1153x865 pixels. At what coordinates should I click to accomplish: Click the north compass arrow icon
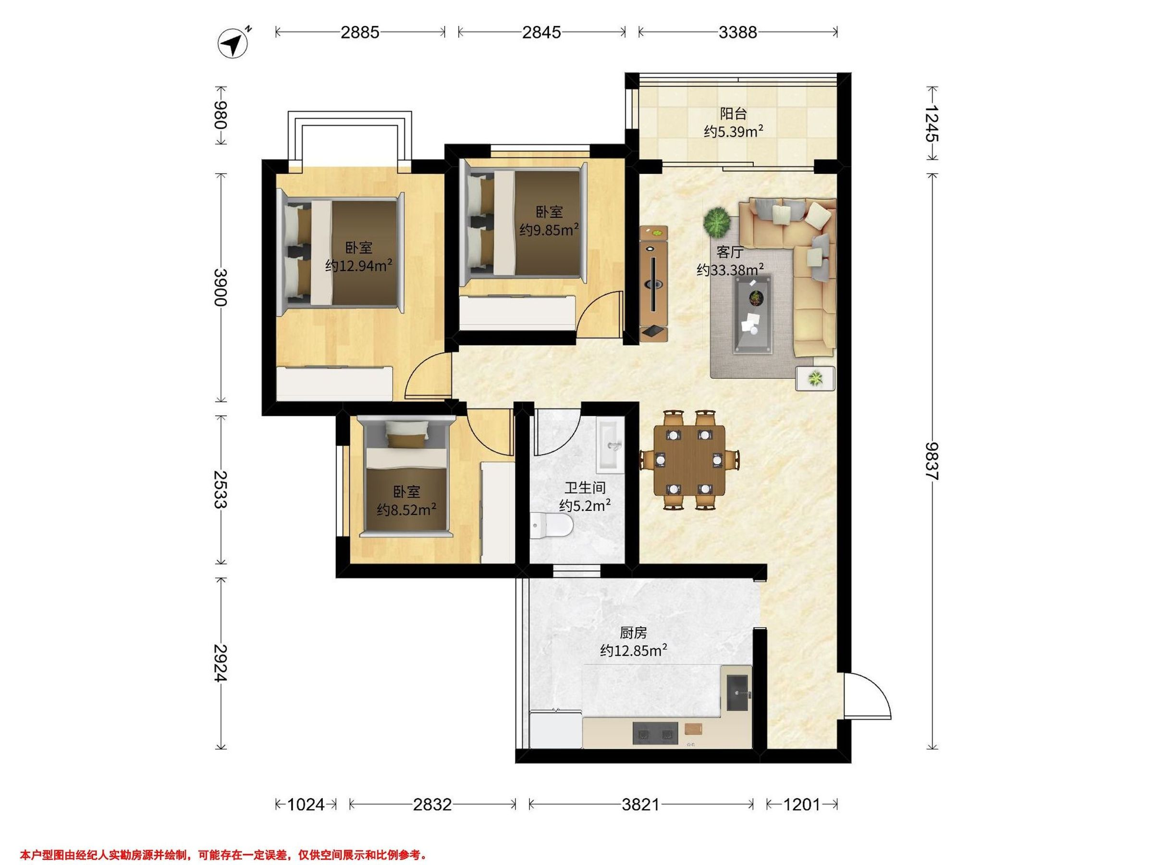coord(233,43)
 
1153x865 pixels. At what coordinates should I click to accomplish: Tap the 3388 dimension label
coord(737,32)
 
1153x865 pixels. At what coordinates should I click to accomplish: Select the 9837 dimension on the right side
coord(932,461)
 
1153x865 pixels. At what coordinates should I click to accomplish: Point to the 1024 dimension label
coord(306,804)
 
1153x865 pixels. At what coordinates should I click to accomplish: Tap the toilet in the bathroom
coord(552,526)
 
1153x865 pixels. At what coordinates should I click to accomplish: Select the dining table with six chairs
coord(689,460)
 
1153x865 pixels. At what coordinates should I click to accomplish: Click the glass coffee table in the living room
coord(753,314)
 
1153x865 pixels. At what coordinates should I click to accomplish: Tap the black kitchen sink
coord(737,693)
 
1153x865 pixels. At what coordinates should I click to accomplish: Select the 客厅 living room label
coord(730,253)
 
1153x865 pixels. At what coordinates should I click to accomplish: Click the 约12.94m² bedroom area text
coord(358,266)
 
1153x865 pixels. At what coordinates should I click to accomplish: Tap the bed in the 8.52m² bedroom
coord(406,477)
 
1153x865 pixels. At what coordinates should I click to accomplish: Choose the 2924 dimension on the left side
coord(221,663)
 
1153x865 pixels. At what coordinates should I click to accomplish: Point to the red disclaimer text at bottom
coord(223,855)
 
